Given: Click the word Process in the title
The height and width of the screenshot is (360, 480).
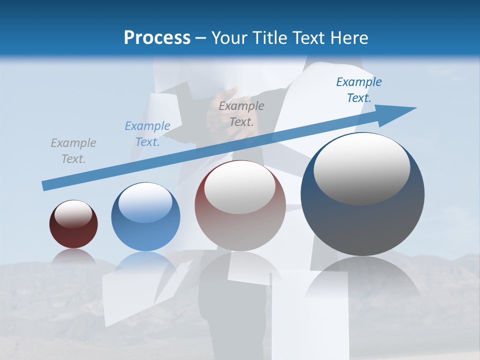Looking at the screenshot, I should tap(157, 38).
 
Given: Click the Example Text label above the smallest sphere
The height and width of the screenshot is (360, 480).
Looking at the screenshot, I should tap(73, 151).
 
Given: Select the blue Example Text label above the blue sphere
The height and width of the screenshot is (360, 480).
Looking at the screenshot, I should tap(147, 134).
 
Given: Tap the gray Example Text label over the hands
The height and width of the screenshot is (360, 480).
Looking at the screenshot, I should tap(241, 113).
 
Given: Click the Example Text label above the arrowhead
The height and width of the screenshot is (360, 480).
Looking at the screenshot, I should tap(358, 90).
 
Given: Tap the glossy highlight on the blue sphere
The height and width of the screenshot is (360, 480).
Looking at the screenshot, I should tap(145, 202).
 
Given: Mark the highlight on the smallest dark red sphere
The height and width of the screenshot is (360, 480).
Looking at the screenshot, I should tap(73, 214).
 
